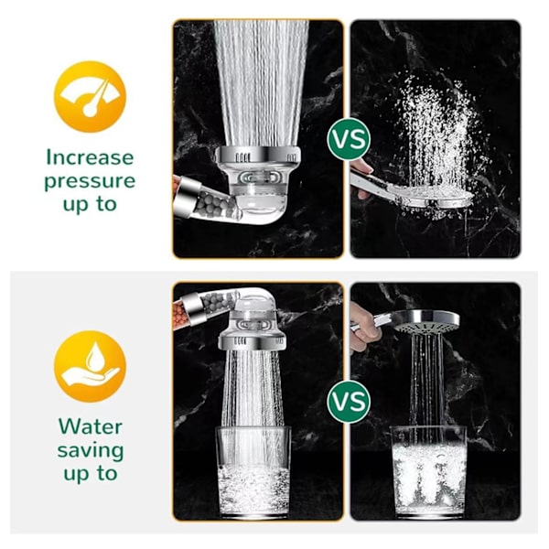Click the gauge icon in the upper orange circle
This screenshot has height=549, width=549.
click(x=90, y=98)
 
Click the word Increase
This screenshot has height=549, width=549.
click(x=90, y=157)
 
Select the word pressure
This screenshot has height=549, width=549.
click(x=90, y=181)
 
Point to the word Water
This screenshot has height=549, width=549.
click(x=91, y=426)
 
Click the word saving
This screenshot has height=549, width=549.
click(x=91, y=451)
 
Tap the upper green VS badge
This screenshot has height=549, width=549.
click(x=349, y=139)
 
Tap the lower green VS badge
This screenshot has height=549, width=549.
click(x=349, y=402)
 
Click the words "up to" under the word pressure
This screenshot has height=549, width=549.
click(x=90, y=204)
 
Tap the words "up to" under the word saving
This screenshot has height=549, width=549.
click(x=91, y=474)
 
